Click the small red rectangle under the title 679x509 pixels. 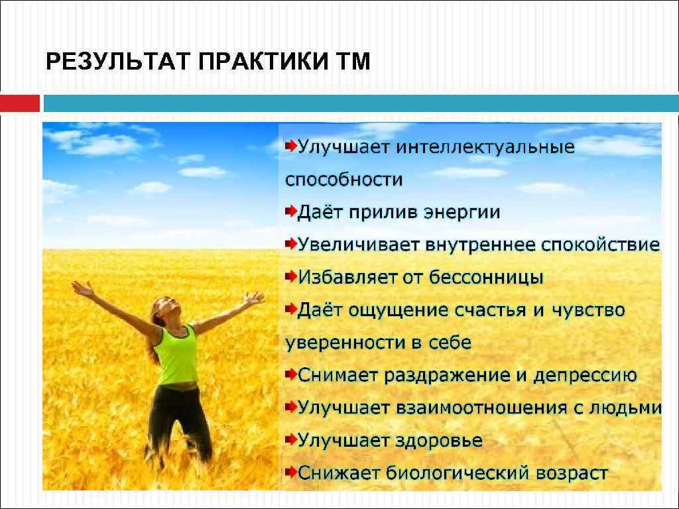pyautogui.click(x=20, y=103)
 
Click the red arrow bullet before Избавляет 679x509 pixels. pyautogui.click(x=290, y=276)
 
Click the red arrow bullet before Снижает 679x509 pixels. pyautogui.click(x=290, y=471)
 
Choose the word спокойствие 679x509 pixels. pyautogui.click(x=600, y=245)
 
